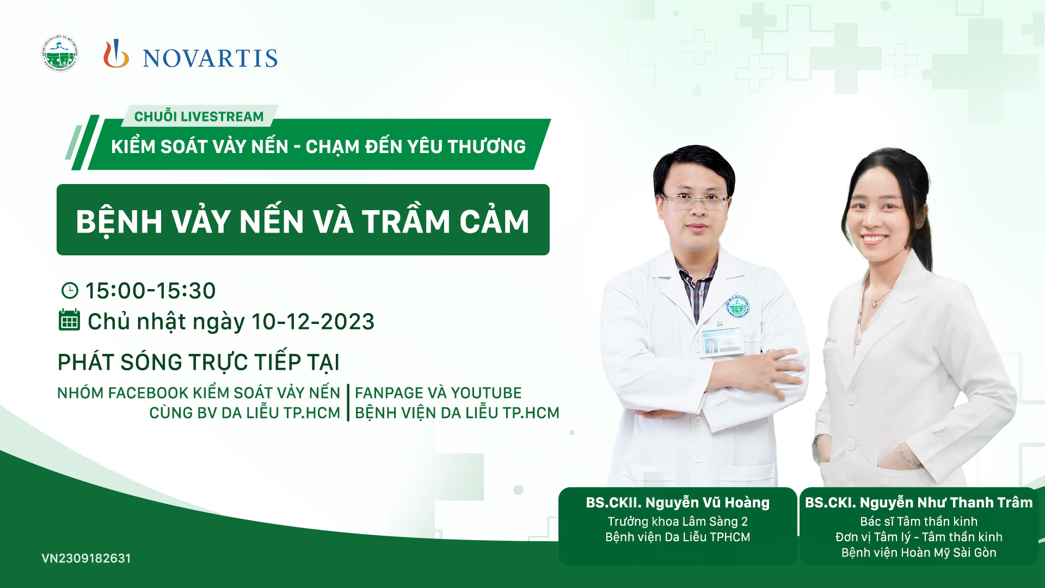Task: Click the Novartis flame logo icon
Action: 116,54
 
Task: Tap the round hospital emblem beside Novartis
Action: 60,54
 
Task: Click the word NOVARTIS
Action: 210,58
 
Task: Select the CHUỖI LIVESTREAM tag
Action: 199,117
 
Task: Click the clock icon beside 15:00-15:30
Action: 70,290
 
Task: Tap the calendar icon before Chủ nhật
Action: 69,320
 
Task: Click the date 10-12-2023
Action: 313,322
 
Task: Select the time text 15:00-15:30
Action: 151,291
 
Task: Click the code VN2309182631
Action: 86,558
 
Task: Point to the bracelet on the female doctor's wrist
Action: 908,456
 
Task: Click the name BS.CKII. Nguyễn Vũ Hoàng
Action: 678,503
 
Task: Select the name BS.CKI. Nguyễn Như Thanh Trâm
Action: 919,503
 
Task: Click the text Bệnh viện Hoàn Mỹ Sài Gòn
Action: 919,553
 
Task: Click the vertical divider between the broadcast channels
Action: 348,403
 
